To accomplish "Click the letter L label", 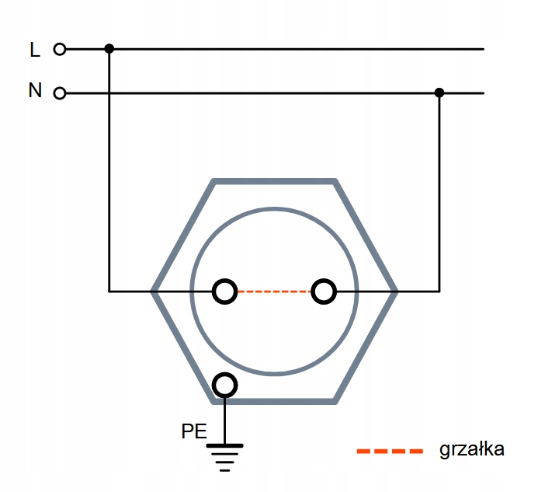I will click(34, 51).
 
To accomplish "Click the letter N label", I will click(35, 91).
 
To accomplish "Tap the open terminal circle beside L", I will click(60, 49).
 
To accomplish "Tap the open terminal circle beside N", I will click(60, 94).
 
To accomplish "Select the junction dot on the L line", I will click(109, 49).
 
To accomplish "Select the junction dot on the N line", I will click(439, 93).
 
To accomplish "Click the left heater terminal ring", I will click(225, 291).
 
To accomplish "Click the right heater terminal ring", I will click(324, 291).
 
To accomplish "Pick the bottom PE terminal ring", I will click(225, 384).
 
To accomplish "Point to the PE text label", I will click(194, 431).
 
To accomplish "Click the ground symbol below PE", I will click(225, 455).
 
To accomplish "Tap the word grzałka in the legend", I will click(472, 449).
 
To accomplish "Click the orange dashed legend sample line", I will click(390, 451).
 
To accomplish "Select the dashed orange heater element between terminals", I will click(274, 291).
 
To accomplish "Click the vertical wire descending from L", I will click(109, 171).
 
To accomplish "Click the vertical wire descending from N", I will click(439, 194).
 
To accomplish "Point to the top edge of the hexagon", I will click(274, 182).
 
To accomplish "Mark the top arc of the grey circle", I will click(274, 208).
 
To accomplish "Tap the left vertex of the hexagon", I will click(154, 291).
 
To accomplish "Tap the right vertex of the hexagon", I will click(395, 291).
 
